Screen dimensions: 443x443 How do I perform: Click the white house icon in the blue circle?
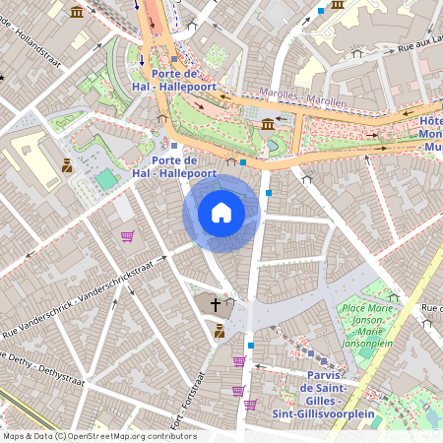(x=221, y=213)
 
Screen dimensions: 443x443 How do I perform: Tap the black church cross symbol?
(x=215, y=305)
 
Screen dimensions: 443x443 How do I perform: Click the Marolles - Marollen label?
(x=302, y=96)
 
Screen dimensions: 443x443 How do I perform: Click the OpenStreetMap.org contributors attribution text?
(x=98, y=436)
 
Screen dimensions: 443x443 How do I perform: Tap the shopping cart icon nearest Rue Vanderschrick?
(x=127, y=236)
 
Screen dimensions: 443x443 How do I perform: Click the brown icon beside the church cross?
(x=219, y=332)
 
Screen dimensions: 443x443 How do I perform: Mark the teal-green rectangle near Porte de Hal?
(x=105, y=179)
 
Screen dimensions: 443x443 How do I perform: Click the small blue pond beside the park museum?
(x=273, y=146)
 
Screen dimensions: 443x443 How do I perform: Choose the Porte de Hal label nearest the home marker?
(x=177, y=166)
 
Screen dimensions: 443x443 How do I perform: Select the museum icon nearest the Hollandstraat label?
(x=78, y=12)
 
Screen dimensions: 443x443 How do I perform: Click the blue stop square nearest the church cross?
(x=251, y=345)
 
